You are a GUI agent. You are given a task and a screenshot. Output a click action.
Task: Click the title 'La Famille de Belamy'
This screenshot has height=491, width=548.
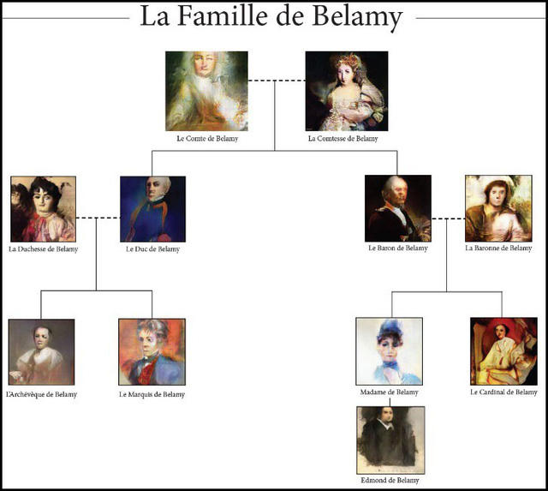pos(271,17)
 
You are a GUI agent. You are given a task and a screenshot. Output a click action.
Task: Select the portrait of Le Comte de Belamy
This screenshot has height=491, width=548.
pos(207,91)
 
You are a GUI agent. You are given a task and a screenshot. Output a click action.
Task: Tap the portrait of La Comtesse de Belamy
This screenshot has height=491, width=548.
pos(342,91)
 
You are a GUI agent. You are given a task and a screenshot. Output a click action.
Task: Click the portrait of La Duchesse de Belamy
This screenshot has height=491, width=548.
pos(43,209)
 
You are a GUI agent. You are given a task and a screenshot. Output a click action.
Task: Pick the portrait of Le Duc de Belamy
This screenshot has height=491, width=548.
pos(152,209)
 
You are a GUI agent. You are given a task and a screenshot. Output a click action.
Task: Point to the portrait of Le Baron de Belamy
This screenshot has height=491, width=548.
pos(397,208)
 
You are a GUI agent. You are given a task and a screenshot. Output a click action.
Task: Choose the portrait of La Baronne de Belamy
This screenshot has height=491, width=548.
pos(497,208)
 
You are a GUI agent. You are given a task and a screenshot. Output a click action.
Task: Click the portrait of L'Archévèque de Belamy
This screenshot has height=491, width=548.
pos(41,352)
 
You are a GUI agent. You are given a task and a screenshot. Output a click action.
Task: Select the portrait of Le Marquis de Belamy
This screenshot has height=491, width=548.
pos(152,352)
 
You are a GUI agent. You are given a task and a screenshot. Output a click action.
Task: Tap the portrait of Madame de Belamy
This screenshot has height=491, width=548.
pos(389,350)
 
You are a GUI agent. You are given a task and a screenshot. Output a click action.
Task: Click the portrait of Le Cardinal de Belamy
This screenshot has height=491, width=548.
pos(503,350)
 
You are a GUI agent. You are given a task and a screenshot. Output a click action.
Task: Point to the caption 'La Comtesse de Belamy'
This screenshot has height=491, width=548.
pos(342,138)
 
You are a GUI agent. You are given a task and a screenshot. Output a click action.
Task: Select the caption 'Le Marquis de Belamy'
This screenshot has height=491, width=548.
pos(152,395)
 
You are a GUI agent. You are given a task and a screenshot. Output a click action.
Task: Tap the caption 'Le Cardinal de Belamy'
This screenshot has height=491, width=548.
pos(503,392)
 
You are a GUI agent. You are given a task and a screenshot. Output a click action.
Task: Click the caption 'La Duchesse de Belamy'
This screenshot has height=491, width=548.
pos(43,249)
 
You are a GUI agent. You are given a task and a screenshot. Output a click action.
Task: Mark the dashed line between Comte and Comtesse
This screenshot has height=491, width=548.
pos(277,81)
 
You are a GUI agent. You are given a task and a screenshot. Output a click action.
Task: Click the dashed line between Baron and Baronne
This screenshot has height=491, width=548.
pos(448,219)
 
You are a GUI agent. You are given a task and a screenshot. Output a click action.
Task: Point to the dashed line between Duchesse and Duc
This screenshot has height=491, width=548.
pos(98,219)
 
